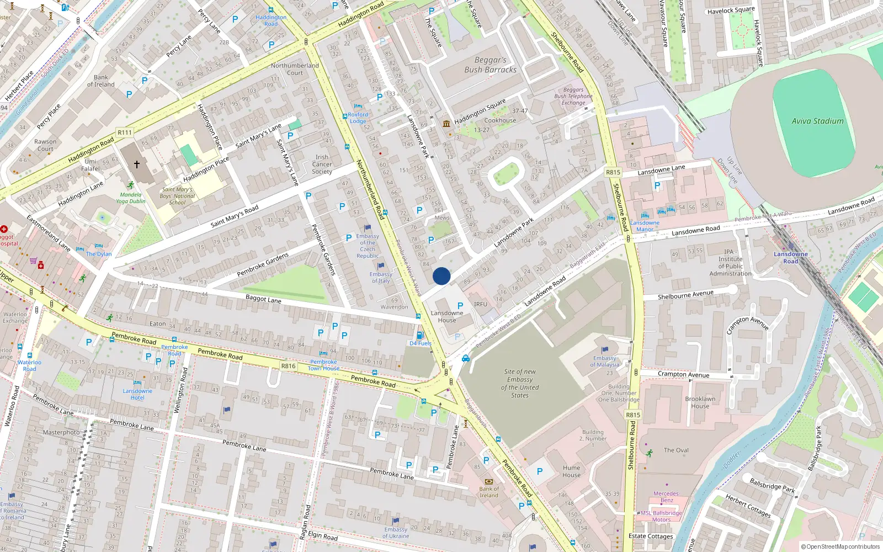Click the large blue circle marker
[441, 276]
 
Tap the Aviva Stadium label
[817, 121]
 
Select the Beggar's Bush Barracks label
[490, 65]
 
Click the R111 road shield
[125, 132]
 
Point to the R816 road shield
[288, 366]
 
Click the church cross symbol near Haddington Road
[137, 164]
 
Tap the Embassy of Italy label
[381, 277]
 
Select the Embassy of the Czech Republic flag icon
[368, 228]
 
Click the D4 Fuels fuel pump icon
[420, 336]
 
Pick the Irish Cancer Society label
[322, 164]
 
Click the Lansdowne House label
[447, 316]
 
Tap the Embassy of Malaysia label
[605, 361]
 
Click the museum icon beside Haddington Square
[446, 124]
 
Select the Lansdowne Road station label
[790, 257]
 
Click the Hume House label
[571, 471]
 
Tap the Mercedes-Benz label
[667, 497]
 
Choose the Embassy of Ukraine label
[396, 533]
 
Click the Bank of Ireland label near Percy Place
[101, 81]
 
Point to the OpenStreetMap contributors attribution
[841, 546]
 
